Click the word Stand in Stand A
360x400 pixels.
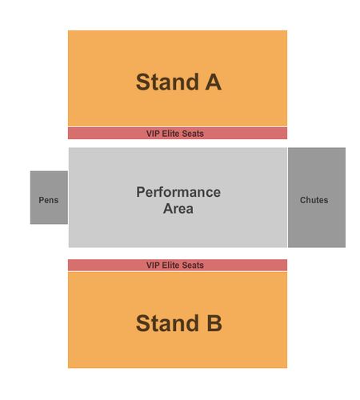coord(167,82)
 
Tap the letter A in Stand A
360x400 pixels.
coord(214,82)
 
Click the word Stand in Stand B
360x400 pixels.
coord(167,323)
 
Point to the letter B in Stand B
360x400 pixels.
coord(214,323)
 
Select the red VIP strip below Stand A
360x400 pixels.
coord(178,133)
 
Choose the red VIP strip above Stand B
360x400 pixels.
coord(178,265)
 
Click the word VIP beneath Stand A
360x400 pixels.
coord(153,134)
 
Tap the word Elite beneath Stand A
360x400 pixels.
coord(171,134)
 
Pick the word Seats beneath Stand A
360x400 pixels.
coord(193,134)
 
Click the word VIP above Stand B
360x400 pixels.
coord(153,265)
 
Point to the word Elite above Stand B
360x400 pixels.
coord(171,265)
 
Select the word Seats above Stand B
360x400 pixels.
coord(193,265)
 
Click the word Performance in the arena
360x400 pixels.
coord(178,192)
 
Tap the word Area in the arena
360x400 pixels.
coord(178,209)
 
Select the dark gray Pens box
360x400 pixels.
coord(49,198)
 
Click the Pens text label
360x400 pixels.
coord(49,200)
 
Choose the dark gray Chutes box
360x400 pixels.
coord(317,198)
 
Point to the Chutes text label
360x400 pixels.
coord(314,200)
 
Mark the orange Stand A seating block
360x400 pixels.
coord(178,78)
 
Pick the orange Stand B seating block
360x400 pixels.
coord(178,320)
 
